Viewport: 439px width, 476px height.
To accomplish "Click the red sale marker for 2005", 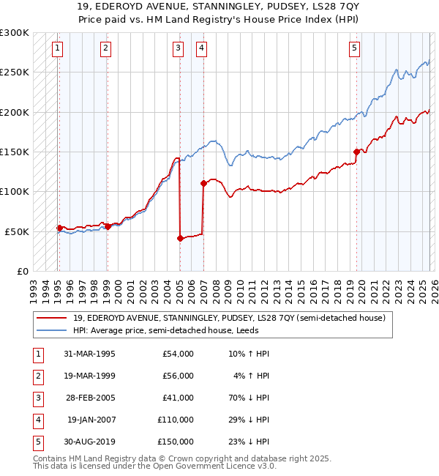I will point(179,238).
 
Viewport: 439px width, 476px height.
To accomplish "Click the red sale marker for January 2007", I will point(203,184).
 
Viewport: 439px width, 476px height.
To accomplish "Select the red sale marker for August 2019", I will point(356,152).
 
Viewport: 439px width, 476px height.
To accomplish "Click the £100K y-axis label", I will point(15,191).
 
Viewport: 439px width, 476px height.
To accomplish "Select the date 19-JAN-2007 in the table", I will point(91,419).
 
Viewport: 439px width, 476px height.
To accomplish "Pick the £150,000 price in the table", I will point(176,441).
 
